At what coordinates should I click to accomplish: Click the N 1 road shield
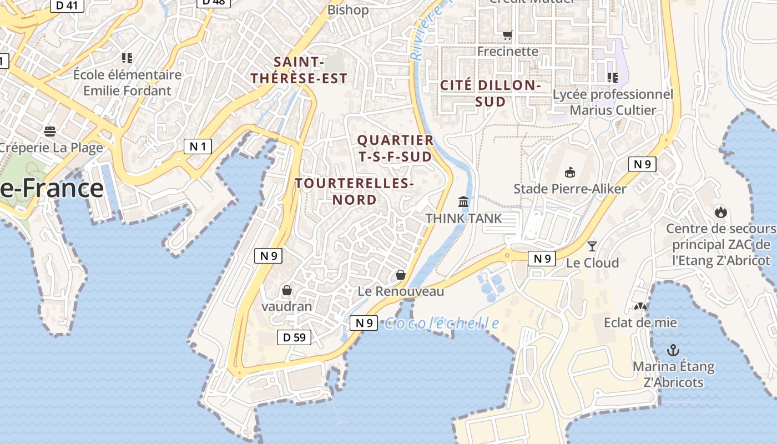pos(198,147)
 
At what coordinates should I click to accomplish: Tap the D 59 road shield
pos(294,337)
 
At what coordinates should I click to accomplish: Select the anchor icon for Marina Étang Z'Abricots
pos(673,350)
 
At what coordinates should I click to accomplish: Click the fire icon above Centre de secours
pos(720,211)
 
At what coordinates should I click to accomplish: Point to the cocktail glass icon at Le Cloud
pos(592,246)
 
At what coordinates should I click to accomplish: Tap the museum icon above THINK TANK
pos(463,201)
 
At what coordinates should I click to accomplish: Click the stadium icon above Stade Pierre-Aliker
pos(569,172)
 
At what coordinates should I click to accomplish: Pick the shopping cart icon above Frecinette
pos(507,36)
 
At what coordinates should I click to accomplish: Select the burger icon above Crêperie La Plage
pos(50,132)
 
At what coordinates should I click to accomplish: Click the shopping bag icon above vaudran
pos(287,290)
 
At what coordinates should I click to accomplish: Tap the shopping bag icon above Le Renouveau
pos(400,275)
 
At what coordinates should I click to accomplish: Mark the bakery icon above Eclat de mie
pos(640,306)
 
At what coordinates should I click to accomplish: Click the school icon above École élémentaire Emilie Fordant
pos(127,58)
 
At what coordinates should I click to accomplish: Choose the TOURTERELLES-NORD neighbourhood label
pos(354,191)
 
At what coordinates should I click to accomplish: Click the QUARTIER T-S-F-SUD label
pos(395,148)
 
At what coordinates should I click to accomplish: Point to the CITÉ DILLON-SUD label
pos(490,93)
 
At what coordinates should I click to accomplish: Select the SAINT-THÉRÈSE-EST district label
pos(299,70)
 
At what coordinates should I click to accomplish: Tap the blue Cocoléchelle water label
pos(442,323)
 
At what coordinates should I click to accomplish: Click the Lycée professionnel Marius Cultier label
pos(613,102)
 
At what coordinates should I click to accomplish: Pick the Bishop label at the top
pos(348,9)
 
